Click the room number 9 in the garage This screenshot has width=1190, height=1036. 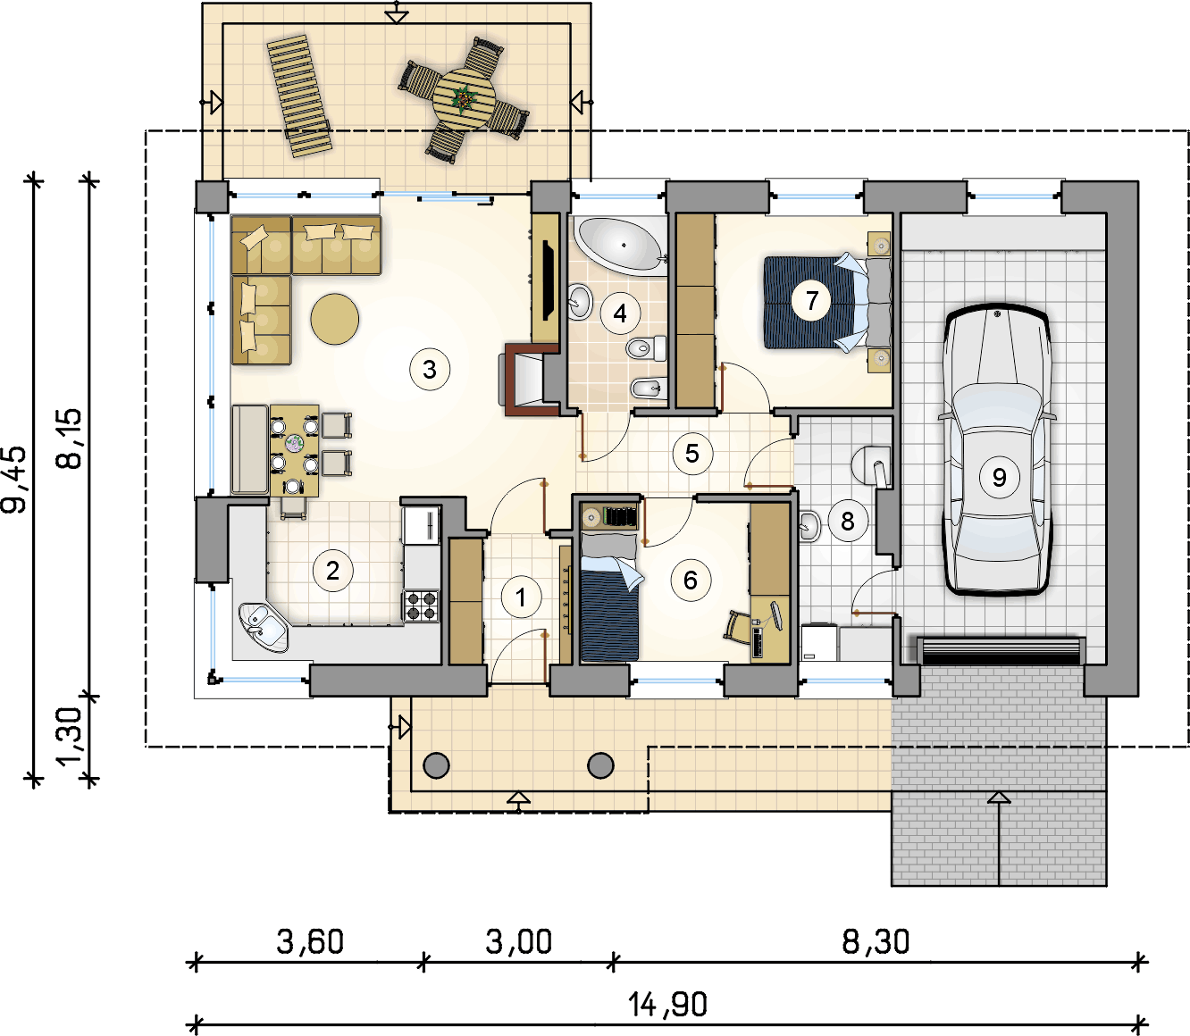coord(999,477)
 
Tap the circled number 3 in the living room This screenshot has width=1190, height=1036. coord(430,369)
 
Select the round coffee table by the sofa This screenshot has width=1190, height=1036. coord(334,319)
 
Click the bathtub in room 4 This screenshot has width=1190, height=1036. coord(620,246)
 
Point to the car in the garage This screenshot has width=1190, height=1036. coord(996,449)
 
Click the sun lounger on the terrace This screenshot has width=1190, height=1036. coord(300,96)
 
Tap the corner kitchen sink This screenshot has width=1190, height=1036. coord(264,627)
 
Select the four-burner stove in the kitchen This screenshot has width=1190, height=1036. coord(421,606)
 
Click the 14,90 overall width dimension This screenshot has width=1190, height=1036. coord(667,1005)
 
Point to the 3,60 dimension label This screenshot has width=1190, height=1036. coord(310,941)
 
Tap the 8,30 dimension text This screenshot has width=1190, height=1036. coord(876,941)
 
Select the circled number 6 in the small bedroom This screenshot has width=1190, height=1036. coord(691,580)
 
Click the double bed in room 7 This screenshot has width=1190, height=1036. coord(826,302)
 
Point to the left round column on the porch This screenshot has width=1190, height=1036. coord(436,765)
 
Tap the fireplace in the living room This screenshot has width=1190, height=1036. coord(529,380)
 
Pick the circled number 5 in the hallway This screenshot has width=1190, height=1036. coord(692,453)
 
